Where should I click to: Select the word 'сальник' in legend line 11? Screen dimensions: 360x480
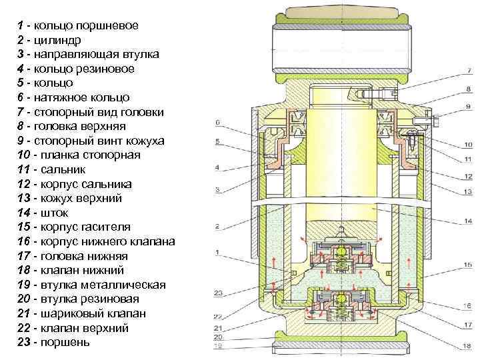coord(59,169)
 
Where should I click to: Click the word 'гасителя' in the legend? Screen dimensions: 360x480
coord(99,227)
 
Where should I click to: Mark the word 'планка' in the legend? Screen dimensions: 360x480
coord(54,155)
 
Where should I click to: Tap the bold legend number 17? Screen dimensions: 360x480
coord(24,256)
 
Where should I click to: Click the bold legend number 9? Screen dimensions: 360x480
coord(21,141)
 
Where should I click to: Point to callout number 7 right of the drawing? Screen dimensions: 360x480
coord(470,70)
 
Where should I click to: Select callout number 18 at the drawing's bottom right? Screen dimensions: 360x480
coord(467,346)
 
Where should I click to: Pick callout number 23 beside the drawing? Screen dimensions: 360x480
coord(218,293)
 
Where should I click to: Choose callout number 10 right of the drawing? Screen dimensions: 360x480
coord(469,142)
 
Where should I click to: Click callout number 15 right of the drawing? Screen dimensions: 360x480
coord(469,265)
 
